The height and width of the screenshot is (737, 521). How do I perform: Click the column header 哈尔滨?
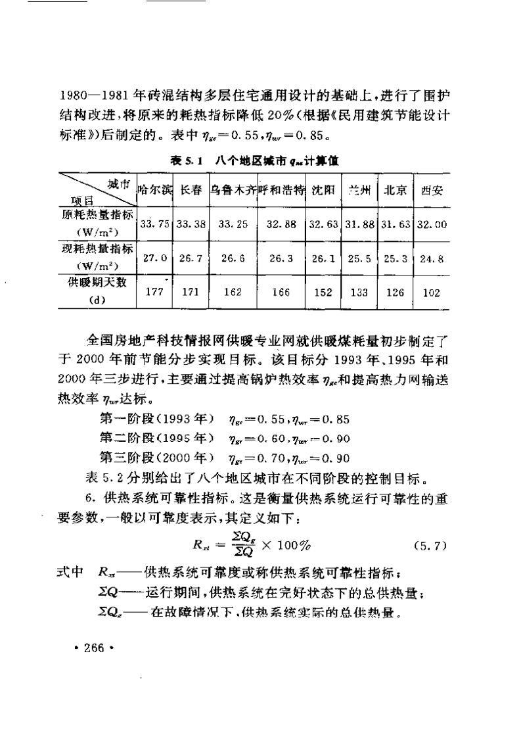154,190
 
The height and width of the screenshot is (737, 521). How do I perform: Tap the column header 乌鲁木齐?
233,190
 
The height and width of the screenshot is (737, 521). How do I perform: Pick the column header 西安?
432,190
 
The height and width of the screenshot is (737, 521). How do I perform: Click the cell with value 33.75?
154,224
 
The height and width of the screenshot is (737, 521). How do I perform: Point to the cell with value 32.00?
432,224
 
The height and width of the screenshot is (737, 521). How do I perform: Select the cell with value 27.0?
154,258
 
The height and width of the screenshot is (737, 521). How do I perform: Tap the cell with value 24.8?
432,258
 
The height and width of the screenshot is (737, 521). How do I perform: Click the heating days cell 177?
154,293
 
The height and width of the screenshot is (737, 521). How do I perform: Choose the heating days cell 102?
432,293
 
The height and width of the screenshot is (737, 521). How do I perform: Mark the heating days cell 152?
323,293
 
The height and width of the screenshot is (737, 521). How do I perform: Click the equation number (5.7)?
430,544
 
